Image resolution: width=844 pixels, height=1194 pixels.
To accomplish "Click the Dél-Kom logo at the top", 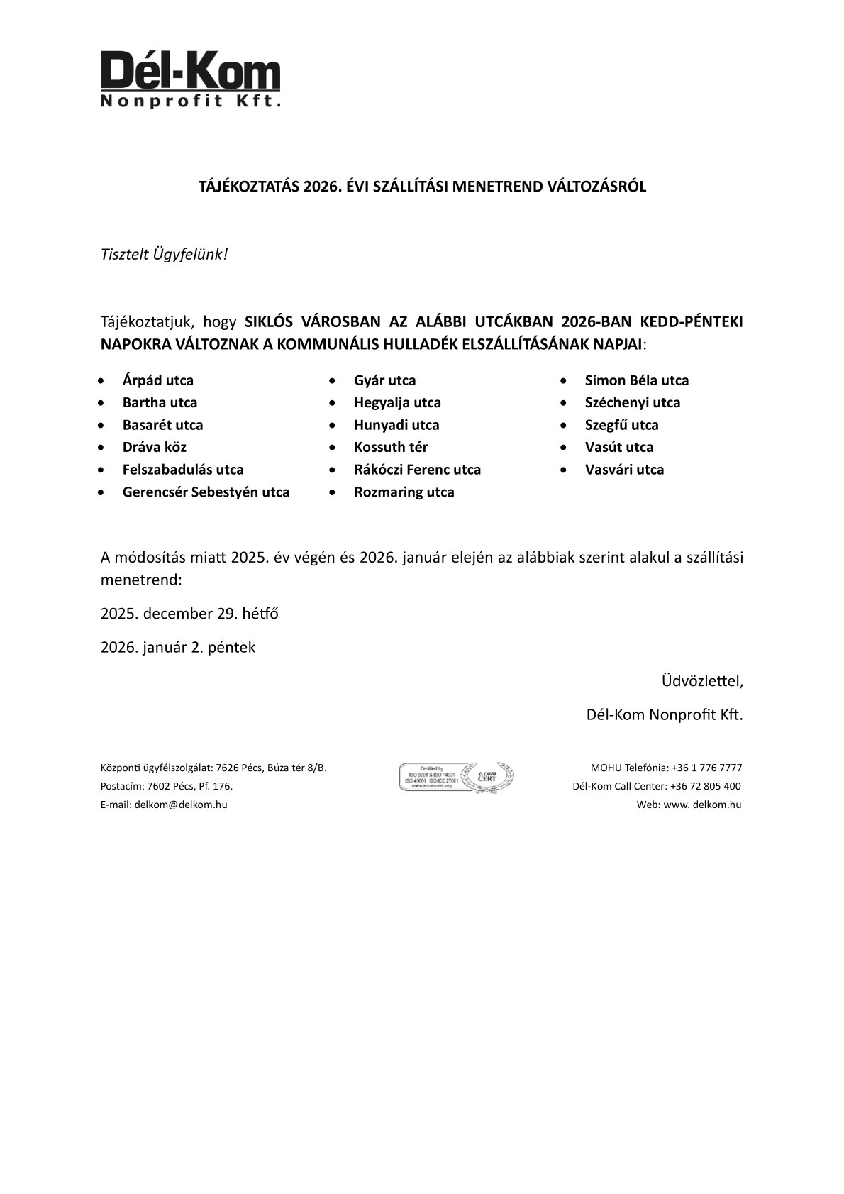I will pyautogui.click(x=190, y=79).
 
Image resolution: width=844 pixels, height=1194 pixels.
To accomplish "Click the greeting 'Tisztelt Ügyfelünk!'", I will pyautogui.click(x=164, y=254).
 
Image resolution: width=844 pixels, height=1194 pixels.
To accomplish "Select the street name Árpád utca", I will pyautogui.click(x=157, y=380).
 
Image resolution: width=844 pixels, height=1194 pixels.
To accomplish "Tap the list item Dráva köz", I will pyautogui.click(x=154, y=447).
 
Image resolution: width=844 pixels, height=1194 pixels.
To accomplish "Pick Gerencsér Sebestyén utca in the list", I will pyautogui.click(x=206, y=492).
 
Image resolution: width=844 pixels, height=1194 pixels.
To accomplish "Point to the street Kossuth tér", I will pyautogui.click(x=390, y=447).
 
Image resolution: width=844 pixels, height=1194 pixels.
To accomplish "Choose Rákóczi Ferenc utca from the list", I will pyautogui.click(x=417, y=470).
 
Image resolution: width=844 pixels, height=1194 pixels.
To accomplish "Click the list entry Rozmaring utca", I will pyautogui.click(x=404, y=492).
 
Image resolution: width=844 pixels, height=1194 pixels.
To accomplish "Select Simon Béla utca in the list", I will pyautogui.click(x=636, y=380).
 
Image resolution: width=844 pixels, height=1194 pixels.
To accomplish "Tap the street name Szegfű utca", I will pyautogui.click(x=621, y=425).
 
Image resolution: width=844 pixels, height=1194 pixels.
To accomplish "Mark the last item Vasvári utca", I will pyautogui.click(x=624, y=470).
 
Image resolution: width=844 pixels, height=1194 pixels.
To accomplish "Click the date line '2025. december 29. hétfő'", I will pyautogui.click(x=189, y=613).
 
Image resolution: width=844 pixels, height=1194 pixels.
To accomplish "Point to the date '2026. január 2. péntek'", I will pyautogui.click(x=178, y=647).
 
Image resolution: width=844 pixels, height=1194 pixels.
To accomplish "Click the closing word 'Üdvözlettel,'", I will pyautogui.click(x=702, y=681).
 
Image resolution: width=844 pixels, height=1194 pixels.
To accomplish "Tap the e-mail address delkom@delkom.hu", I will pyautogui.click(x=181, y=805).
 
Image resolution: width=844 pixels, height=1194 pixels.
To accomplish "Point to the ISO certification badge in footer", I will pyautogui.click(x=457, y=777).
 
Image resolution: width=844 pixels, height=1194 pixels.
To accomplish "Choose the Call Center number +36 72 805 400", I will pyautogui.click(x=705, y=786).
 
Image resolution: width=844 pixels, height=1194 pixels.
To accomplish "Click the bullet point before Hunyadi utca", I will pyautogui.click(x=333, y=425).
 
